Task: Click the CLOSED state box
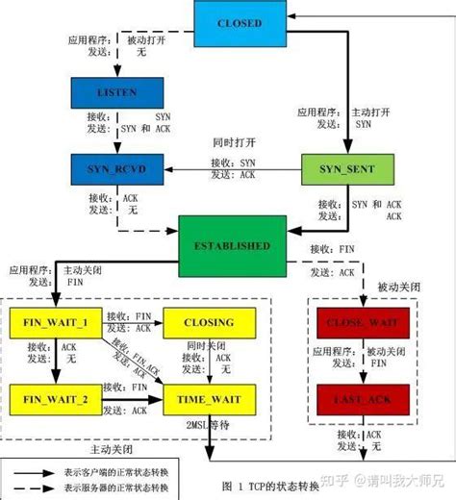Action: (239, 22)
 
